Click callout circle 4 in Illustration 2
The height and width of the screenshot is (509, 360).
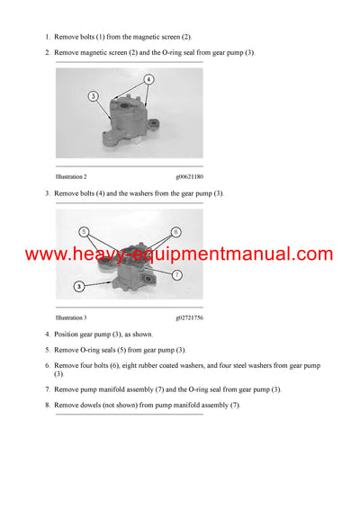148,79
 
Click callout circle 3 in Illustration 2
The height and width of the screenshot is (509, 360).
93,94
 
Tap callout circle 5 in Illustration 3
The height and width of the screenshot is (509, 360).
84,231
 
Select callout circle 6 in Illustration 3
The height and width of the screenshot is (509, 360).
176,232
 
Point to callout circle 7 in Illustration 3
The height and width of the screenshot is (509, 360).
177,274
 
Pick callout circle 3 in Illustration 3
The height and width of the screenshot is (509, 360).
80,286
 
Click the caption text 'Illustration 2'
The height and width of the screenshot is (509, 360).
71,177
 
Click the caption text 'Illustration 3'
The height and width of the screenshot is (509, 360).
71,317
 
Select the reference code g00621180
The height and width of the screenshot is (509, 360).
189,177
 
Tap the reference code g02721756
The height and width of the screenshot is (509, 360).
189,317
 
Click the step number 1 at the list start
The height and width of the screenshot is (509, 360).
47,37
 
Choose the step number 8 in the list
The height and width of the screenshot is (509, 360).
47,406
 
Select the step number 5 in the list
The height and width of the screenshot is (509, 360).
47,349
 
